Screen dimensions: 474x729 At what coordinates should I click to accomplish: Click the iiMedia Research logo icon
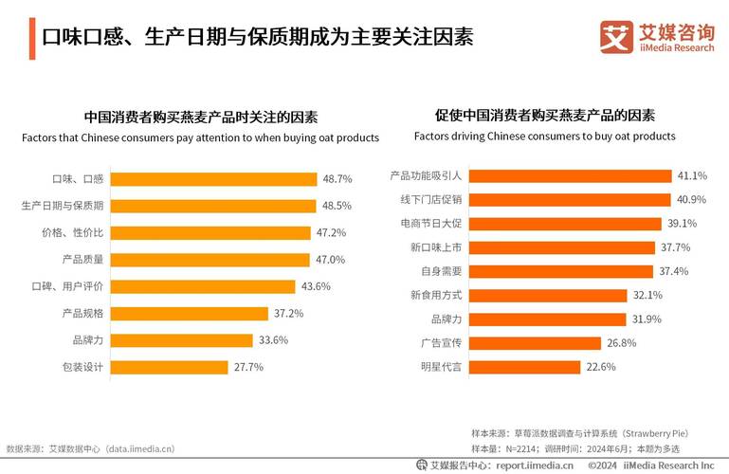pos(615,37)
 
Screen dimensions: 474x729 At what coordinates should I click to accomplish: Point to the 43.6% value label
pos(316,286)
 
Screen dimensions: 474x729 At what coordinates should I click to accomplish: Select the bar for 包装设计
pos(171,367)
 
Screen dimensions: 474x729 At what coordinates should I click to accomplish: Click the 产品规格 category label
pos(82,313)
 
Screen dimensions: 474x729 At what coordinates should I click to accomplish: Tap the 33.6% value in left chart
pos(272,340)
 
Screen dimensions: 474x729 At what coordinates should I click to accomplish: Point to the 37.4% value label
pos(674,271)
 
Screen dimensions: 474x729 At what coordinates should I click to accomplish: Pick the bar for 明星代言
pos(527,367)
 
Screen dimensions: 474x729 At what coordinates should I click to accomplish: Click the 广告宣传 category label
pos(441,343)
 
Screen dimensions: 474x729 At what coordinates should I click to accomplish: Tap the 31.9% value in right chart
pos(647,319)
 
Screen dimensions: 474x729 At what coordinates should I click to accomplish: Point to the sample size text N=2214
pos(520,448)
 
